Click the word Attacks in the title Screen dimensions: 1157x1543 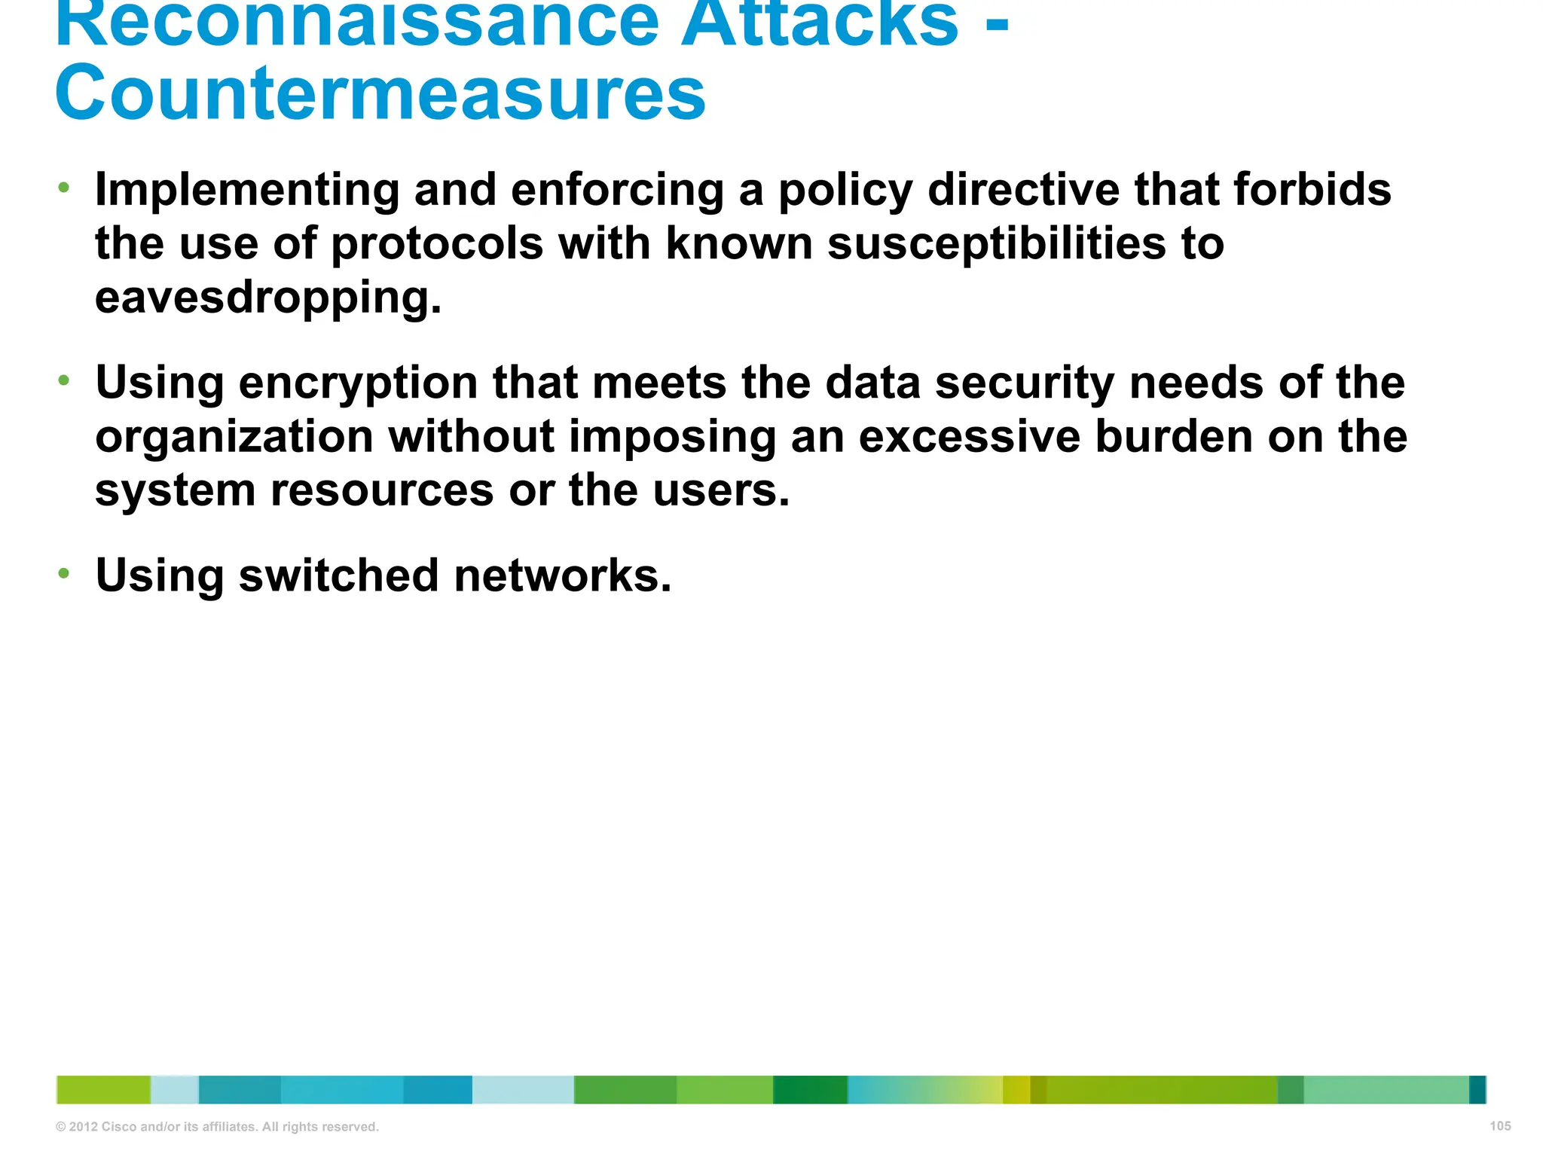(x=820, y=23)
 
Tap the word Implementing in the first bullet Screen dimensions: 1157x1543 (x=247, y=190)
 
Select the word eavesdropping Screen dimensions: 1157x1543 (x=267, y=298)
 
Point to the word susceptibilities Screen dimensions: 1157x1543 (x=997, y=244)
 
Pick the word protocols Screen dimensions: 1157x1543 (x=437, y=246)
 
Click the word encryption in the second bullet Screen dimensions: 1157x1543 (x=358, y=384)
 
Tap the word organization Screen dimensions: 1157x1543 (x=234, y=438)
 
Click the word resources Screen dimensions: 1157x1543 (x=382, y=491)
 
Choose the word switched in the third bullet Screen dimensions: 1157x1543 (x=338, y=576)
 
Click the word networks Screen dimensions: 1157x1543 (x=562, y=576)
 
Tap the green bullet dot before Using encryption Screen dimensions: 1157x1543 (x=64, y=380)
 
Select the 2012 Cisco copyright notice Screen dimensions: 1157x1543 (x=217, y=1127)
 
